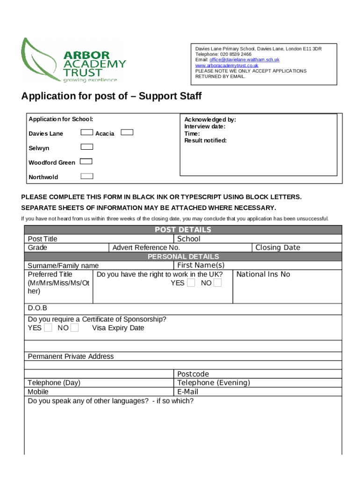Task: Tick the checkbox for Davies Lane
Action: (x=87, y=132)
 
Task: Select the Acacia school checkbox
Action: (x=127, y=132)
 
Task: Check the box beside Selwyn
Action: (x=87, y=147)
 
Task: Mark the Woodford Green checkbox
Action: (x=86, y=161)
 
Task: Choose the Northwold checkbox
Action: (x=87, y=176)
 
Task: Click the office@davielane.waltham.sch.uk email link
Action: (x=244, y=60)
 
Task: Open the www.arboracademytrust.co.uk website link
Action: (x=227, y=65)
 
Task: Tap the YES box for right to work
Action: (x=191, y=283)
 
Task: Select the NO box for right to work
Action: (x=217, y=283)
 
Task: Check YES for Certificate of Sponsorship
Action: (x=48, y=328)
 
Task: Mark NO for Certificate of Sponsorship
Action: (x=74, y=328)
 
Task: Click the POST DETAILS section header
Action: (x=183, y=230)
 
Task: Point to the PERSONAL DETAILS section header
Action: (x=183, y=257)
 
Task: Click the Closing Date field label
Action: (x=278, y=247)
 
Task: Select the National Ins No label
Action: (x=263, y=275)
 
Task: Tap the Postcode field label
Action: (x=193, y=374)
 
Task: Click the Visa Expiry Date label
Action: (x=118, y=328)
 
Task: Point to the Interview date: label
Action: (x=205, y=126)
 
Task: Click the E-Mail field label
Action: (x=187, y=392)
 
